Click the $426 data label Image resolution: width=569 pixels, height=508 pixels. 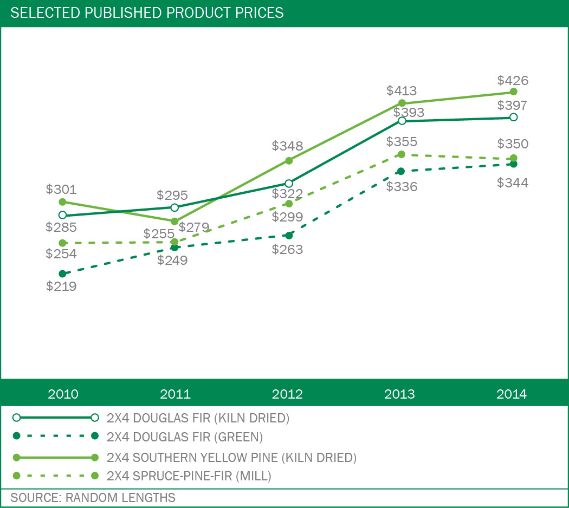click(512, 81)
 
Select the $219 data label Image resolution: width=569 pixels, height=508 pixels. click(61, 286)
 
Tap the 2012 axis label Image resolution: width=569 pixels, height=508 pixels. click(287, 394)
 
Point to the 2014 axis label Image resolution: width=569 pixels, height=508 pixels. click(512, 394)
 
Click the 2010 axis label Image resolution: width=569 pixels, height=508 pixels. click(63, 394)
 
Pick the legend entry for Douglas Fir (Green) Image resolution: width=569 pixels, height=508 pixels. click(185, 437)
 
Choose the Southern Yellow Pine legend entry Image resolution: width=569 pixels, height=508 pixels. click(232, 458)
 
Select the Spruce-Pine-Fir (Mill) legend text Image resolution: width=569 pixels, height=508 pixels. click(189, 476)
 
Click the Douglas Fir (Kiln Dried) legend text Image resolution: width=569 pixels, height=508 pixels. click(198, 418)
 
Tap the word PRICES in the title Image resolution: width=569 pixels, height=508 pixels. click(259, 12)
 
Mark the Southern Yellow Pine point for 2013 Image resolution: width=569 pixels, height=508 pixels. click(402, 103)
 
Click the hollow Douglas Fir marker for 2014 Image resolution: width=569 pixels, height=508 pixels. click(514, 117)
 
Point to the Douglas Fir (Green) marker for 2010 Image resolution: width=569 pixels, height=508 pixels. click(62, 273)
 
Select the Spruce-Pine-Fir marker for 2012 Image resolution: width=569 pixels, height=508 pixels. click(289, 204)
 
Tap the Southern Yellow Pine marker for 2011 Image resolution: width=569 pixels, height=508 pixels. click(174, 222)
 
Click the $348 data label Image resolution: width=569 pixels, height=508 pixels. click(287, 146)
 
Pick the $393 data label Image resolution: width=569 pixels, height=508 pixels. click(409, 113)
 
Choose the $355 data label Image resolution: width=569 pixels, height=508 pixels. click(402, 142)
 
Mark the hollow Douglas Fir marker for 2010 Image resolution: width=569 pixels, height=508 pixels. click(62, 215)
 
